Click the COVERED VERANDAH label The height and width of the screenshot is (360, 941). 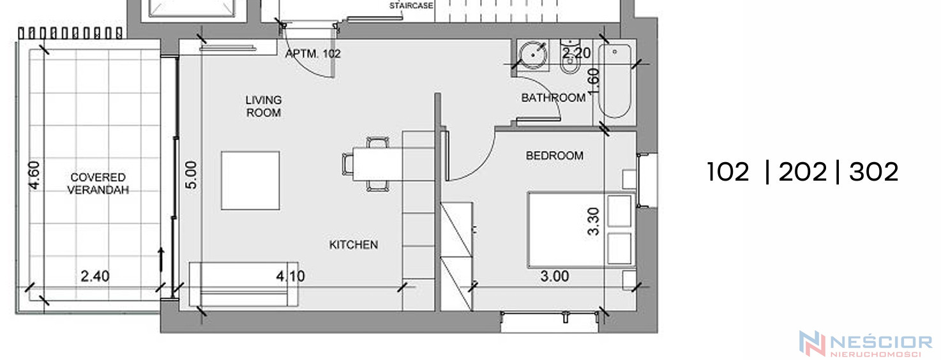click(x=98, y=184)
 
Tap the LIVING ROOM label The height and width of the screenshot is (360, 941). click(x=264, y=107)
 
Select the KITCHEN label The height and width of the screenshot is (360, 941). click(x=353, y=244)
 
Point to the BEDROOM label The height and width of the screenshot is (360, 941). click(x=555, y=156)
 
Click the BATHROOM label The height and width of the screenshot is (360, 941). click(x=553, y=98)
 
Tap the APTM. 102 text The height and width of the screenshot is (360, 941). click(x=313, y=54)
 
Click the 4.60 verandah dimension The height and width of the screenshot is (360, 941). click(x=34, y=175)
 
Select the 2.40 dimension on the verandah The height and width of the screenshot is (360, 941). click(x=95, y=276)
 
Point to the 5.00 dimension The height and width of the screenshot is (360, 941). click(x=191, y=175)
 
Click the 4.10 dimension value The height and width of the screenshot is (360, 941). click(x=290, y=276)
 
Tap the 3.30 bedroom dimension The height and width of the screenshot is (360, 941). click(x=593, y=221)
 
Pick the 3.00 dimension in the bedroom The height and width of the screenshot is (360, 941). click(x=555, y=276)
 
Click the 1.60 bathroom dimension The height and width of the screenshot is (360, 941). click(x=593, y=82)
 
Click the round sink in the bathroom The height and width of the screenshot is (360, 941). click(x=533, y=55)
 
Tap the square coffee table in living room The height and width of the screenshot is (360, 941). click(x=250, y=181)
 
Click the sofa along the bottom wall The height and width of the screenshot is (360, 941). click(x=244, y=284)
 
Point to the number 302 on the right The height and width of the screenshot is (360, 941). click(x=873, y=172)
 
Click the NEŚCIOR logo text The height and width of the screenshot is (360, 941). click(x=882, y=342)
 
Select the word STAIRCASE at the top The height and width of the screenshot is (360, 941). click(x=411, y=6)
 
